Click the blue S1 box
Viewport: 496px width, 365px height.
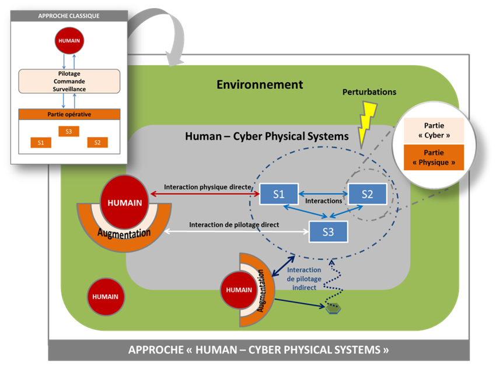click(x=278, y=194)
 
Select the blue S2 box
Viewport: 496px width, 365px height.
click(x=367, y=194)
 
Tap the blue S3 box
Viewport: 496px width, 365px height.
click(x=328, y=231)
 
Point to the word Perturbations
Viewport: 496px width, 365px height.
click(x=369, y=92)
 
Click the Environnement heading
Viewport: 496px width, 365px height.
click(x=260, y=85)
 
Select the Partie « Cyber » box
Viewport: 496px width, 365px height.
click(x=434, y=130)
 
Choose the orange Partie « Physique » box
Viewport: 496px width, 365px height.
click(x=434, y=157)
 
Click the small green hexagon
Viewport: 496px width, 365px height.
click(x=333, y=308)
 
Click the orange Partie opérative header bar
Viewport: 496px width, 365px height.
click(x=69, y=114)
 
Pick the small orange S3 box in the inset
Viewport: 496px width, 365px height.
click(x=69, y=131)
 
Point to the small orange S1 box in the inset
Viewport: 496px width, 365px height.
click(x=41, y=142)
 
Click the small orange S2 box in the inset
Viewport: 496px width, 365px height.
click(x=97, y=142)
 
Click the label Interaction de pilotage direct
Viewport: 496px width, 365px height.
click(x=233, y=224)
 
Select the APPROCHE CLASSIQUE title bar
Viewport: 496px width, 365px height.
click(x=69, y=16)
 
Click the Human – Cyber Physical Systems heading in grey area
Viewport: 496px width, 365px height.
click(x=267, y=136)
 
